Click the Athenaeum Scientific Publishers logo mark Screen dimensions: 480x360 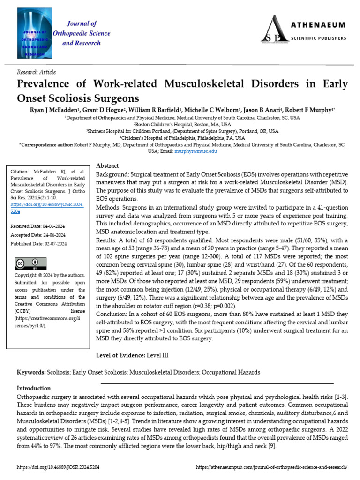pyautogui.click(x=275, y=29)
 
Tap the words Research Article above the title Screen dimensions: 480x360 pyautogui.click(x=36, y=72)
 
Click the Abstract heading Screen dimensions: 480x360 pyautogui.click(x=107, y=166)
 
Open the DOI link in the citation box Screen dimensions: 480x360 pyautogui.click(x=46, y=208)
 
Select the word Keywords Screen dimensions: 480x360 pyautogui.click(x=31, y=372)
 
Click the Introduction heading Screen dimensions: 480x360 pyautogui.click(x=34, y=389)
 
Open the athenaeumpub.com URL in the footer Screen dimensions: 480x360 pyautogui.click(x=271, y=468)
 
